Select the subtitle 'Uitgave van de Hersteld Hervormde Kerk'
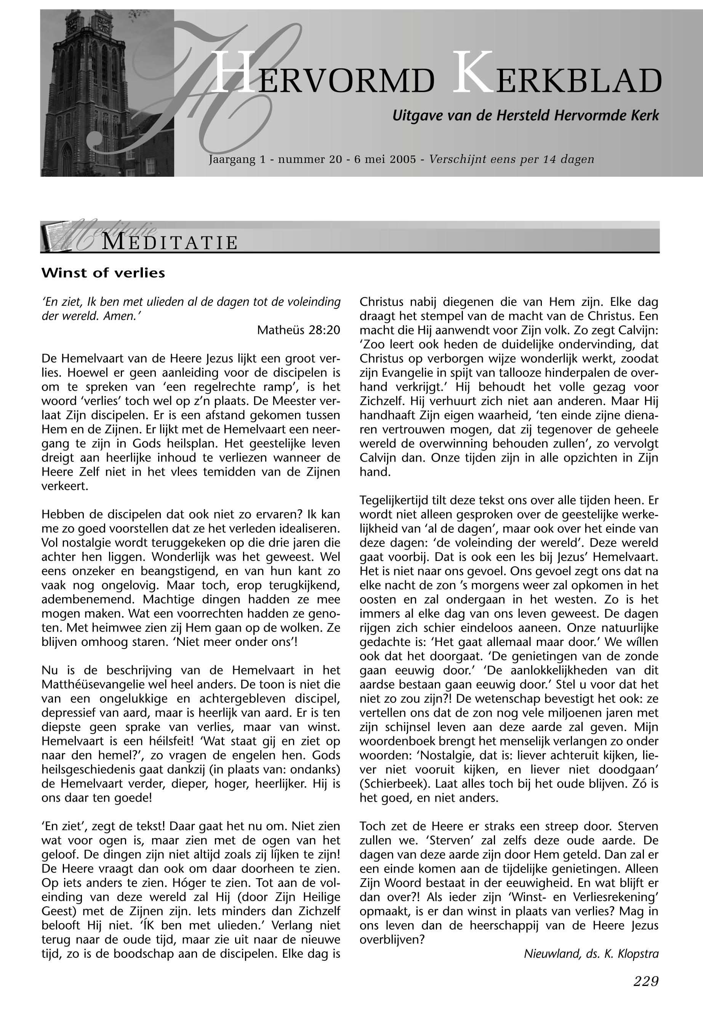tap(525, 116)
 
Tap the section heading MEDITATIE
tap(170, 243)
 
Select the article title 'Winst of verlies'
tap(103, 273)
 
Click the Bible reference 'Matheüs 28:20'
tap(299, 330)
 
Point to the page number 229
tap(646, 981)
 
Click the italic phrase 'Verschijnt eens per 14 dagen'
tap(511, 159)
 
